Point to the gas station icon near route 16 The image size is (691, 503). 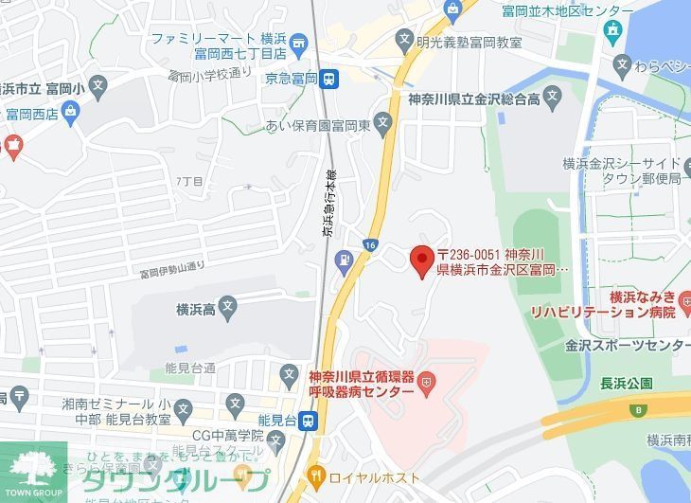click(344, 256)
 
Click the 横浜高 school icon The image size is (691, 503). click(227, 306)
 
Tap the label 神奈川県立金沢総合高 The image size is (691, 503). click(473, 99)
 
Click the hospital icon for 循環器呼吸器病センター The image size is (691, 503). click(427, 382)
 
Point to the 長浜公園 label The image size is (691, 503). click(627, 384)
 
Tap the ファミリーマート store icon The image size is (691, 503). click(298, 42)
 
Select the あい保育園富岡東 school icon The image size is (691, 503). click(382, 122)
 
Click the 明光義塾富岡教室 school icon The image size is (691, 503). click(405, 42)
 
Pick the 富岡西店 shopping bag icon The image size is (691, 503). click(73, 112)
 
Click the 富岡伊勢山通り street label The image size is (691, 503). click(172, 273)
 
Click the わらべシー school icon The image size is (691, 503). click(622, 65)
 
